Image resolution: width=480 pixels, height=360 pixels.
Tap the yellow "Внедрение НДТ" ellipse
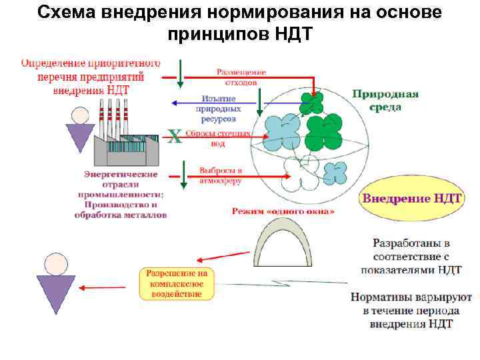[x=411, y=198]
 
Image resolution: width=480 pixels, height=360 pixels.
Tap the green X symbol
[x=174, y=137]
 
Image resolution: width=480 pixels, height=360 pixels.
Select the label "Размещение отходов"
[x=241, y=77]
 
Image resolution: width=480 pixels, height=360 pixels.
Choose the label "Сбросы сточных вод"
[x=217, y=137]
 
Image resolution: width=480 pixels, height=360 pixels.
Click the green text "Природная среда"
[x=385, y=100]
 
